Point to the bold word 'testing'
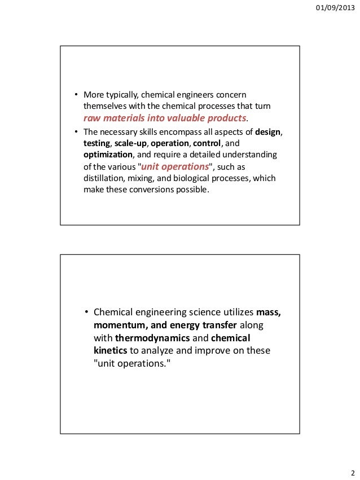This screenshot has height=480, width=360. click(x=97, y=144)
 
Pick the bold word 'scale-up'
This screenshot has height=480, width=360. click(x=131, y=144)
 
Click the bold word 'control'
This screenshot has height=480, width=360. click(x=208, y=144)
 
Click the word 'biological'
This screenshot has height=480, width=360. click(x=195, y=178)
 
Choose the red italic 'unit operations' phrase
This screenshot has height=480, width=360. click(x=174, y=167)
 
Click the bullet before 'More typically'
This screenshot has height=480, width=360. click(x=76, y=94)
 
